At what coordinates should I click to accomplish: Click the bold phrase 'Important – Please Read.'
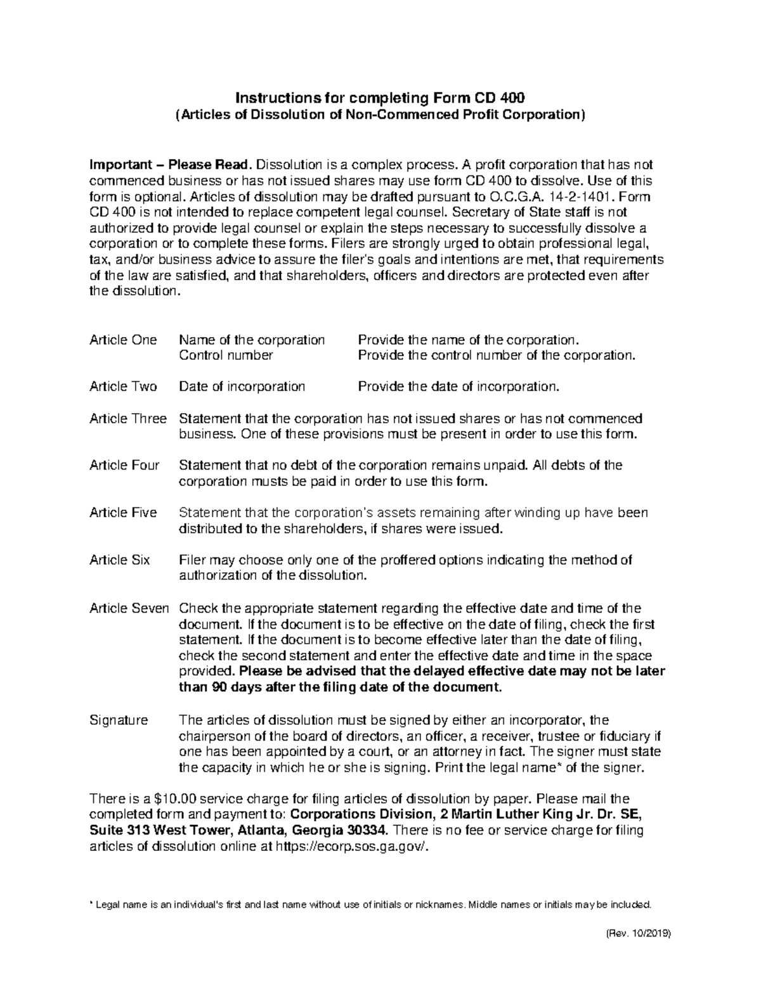tap(171, 165)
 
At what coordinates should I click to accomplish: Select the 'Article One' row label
tap(123, 340)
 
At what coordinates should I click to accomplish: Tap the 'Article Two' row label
tap(123, 387)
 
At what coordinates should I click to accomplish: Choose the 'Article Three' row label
tap(128, 419)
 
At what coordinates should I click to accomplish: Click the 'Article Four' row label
tap(124, 466)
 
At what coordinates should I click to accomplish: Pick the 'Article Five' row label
tap(123, 513)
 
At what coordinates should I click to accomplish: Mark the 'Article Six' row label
tap(120, 560)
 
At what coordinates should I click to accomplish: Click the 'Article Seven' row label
tap(129, 609)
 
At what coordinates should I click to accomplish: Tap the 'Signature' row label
tap(119, 720)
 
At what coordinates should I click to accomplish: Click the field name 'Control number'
tap(226, 355)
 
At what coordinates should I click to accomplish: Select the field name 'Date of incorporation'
tap(242, 387)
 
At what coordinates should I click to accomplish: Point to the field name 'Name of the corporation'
tap(252, 340)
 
